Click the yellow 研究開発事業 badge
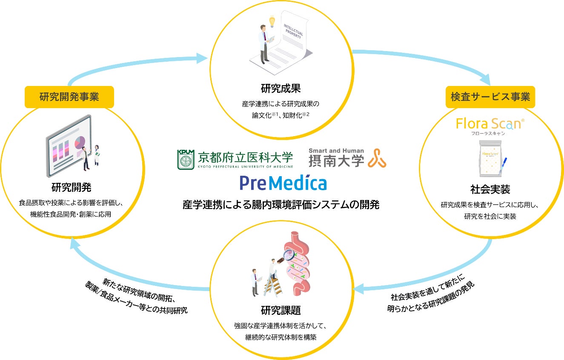coord(69,97)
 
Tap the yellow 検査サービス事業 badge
coord(490,97)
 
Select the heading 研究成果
coord(281,89)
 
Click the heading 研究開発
coord(71,188)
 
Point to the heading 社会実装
coord(490,189)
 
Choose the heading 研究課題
coord(281,310)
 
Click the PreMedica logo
coord(283,183)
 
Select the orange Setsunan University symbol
coord(377,158)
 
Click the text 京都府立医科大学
coord(246,158)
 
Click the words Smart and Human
coord(336,150)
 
